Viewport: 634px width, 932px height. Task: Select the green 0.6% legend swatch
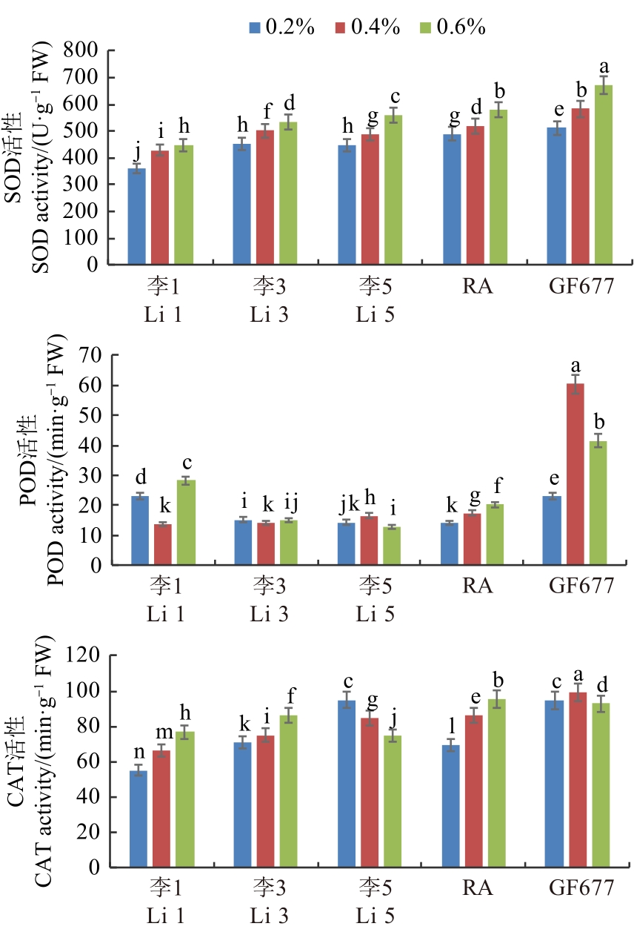point(426,27)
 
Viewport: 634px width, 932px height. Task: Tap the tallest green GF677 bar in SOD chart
point(604,174)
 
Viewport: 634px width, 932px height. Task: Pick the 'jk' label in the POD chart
point(346,506)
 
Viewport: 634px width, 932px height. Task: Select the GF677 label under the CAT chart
point(581,888)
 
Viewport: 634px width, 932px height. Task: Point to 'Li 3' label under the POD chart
point(268,612)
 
